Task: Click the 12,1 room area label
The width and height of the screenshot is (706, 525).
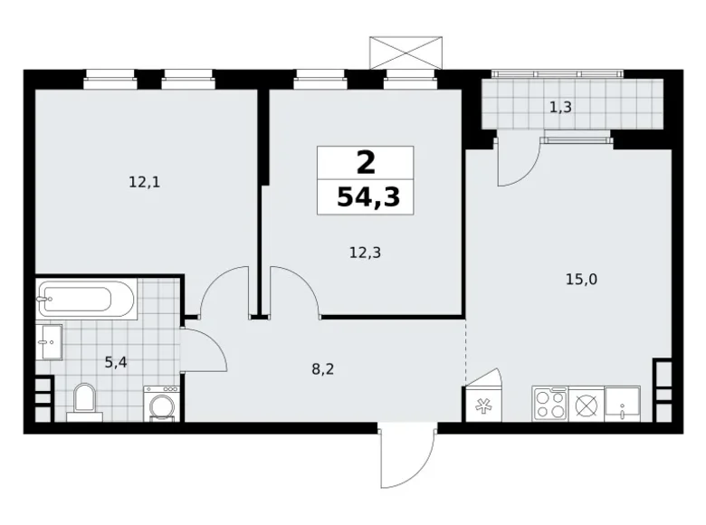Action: (x=144, y=182)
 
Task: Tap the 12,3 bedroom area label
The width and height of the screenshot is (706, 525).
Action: (x=365, y=253)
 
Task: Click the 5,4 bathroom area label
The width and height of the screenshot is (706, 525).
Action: (x=116, y=363)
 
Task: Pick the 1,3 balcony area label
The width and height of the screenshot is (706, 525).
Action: (x=560, y=107)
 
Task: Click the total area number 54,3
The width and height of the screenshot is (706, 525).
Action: (x=365, y=197)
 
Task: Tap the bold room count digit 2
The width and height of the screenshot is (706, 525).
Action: (x=365, y=163)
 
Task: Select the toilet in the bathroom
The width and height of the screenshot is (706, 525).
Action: (x=85, y=400)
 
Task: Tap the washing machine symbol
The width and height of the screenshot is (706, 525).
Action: (x=161, y=404)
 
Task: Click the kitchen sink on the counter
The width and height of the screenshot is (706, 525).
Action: (x=623, y=403)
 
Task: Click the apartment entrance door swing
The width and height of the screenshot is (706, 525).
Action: (x=405, y=458)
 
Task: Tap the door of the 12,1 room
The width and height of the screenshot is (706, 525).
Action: (x=222, y=291)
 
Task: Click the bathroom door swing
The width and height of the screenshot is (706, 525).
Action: (x=203, y=348)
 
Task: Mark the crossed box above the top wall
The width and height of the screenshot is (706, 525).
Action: (x=406, y=51)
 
